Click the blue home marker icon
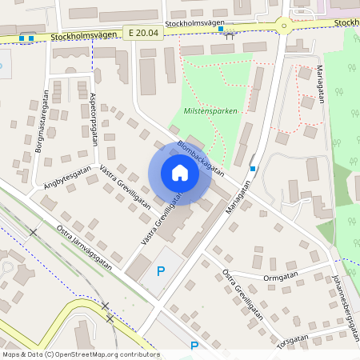pos(180,173)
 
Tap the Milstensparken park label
pos(210,111)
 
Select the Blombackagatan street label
pos(199,158)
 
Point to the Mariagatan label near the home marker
pos(233,197)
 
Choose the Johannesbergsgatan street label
pos(345,309)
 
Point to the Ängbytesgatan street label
pos(68,181)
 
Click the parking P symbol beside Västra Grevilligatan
pos(161,271)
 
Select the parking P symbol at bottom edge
pos(194,346)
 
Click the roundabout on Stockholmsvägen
pos(282,26)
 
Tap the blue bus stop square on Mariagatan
pos(253,168)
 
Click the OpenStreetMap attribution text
pos(81,354)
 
